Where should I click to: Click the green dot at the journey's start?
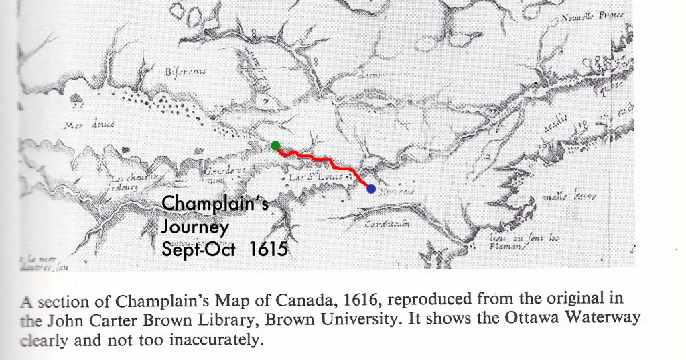[x=275, y=145]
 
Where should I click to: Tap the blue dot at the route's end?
[x=371, y=189]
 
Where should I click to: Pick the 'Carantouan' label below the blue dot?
[x=383, y=224]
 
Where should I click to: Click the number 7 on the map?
[x=265, y=103]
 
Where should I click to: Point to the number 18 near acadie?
[x=581, y=125]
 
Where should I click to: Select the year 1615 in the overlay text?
[x=268, y=249]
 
